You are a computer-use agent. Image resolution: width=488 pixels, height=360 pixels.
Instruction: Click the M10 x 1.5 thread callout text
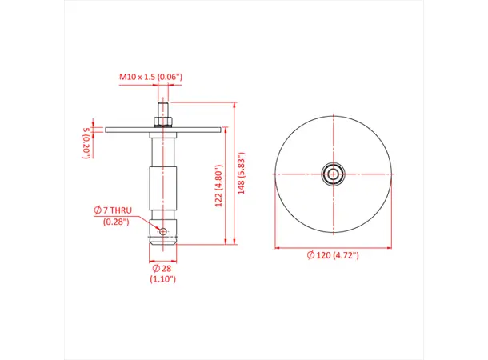(x=151, y=77)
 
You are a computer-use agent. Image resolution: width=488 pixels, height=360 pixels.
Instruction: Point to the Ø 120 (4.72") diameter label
(x=332, y=254)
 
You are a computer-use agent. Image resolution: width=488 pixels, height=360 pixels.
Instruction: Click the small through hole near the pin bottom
(x=163, y=232)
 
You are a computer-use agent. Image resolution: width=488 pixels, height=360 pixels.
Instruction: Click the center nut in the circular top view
(x=333, y=173)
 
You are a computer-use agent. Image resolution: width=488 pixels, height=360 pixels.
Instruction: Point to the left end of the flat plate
(x=107, y=128)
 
